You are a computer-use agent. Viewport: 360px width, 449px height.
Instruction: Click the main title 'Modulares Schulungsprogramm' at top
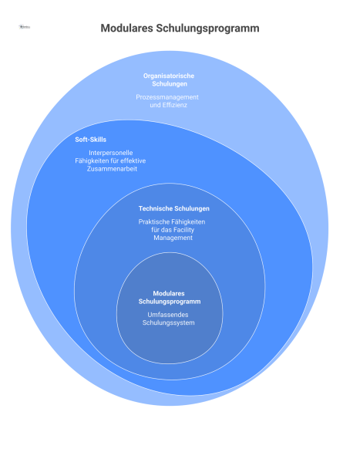[x=180, y=28]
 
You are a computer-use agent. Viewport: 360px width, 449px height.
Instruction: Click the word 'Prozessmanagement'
[x=167, y=97]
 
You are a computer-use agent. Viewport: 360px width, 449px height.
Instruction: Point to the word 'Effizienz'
[x=173, y=105]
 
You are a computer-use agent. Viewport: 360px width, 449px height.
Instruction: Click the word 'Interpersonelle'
[x=112, y=153]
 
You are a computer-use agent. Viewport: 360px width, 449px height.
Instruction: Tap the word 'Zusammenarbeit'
[x=112, y=168]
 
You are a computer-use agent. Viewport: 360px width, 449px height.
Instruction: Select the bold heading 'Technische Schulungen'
[x=173, y=208]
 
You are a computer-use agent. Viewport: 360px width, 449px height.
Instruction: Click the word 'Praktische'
[x=147, y=222]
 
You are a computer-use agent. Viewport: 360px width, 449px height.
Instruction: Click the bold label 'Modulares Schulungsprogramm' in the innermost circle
[x=169, y=298]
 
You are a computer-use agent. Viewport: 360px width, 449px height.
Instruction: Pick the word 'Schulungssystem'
[x=169, y=322]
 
